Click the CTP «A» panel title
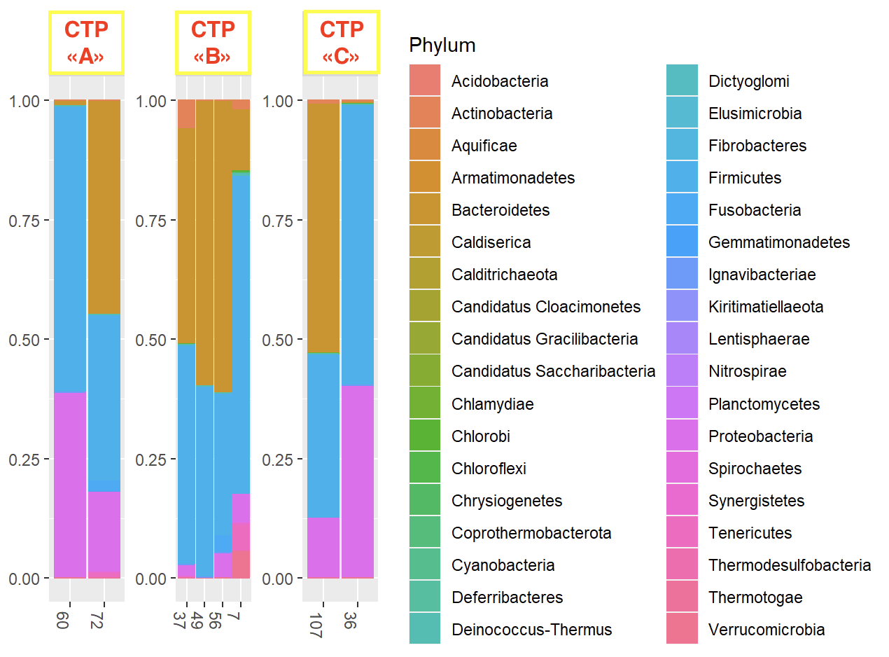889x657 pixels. [x=86, y=43]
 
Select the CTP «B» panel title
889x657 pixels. [x=213, y=43]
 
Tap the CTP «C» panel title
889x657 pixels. [x=341, y=42]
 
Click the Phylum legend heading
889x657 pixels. [x=442, y=46]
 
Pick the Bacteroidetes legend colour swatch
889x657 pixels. [x=425, y=210]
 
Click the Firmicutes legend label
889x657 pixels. [x=745, y=178]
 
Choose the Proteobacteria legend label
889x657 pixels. [x=760, y=436]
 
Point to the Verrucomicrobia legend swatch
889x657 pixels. [x=682, y=630]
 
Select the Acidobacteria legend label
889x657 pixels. [x=500, y=81]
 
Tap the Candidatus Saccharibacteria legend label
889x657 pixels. [x=553, y=371]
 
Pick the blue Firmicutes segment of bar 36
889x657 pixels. [x=358, y=244]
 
